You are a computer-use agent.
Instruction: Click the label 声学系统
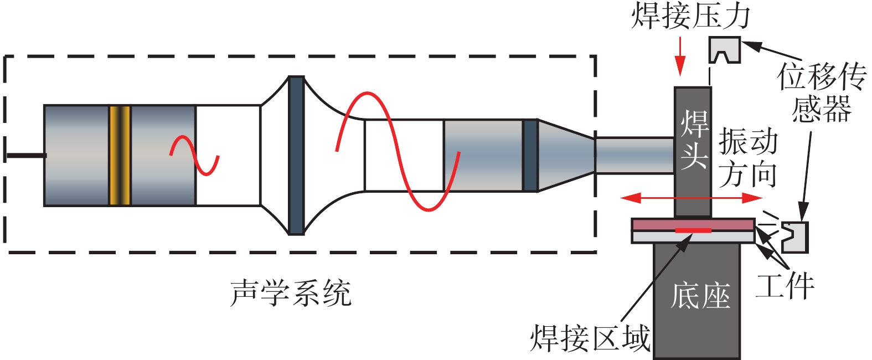[x=291, y=293]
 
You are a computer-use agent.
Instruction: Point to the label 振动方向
[x=748, y=158]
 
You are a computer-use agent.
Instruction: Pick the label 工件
[x=785, y=286]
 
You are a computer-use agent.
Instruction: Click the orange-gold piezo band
[x=120, y=156]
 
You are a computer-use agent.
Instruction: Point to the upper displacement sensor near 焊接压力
[x=725, y=50]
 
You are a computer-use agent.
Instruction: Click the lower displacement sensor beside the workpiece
[x=795, y=236]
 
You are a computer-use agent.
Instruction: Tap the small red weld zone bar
[x=693, y=230]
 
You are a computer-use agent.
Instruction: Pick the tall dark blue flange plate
[x=296, y=156]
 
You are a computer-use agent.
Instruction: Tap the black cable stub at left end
[x=25, y=156]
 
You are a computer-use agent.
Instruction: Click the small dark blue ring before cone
[x=530, y=156]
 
